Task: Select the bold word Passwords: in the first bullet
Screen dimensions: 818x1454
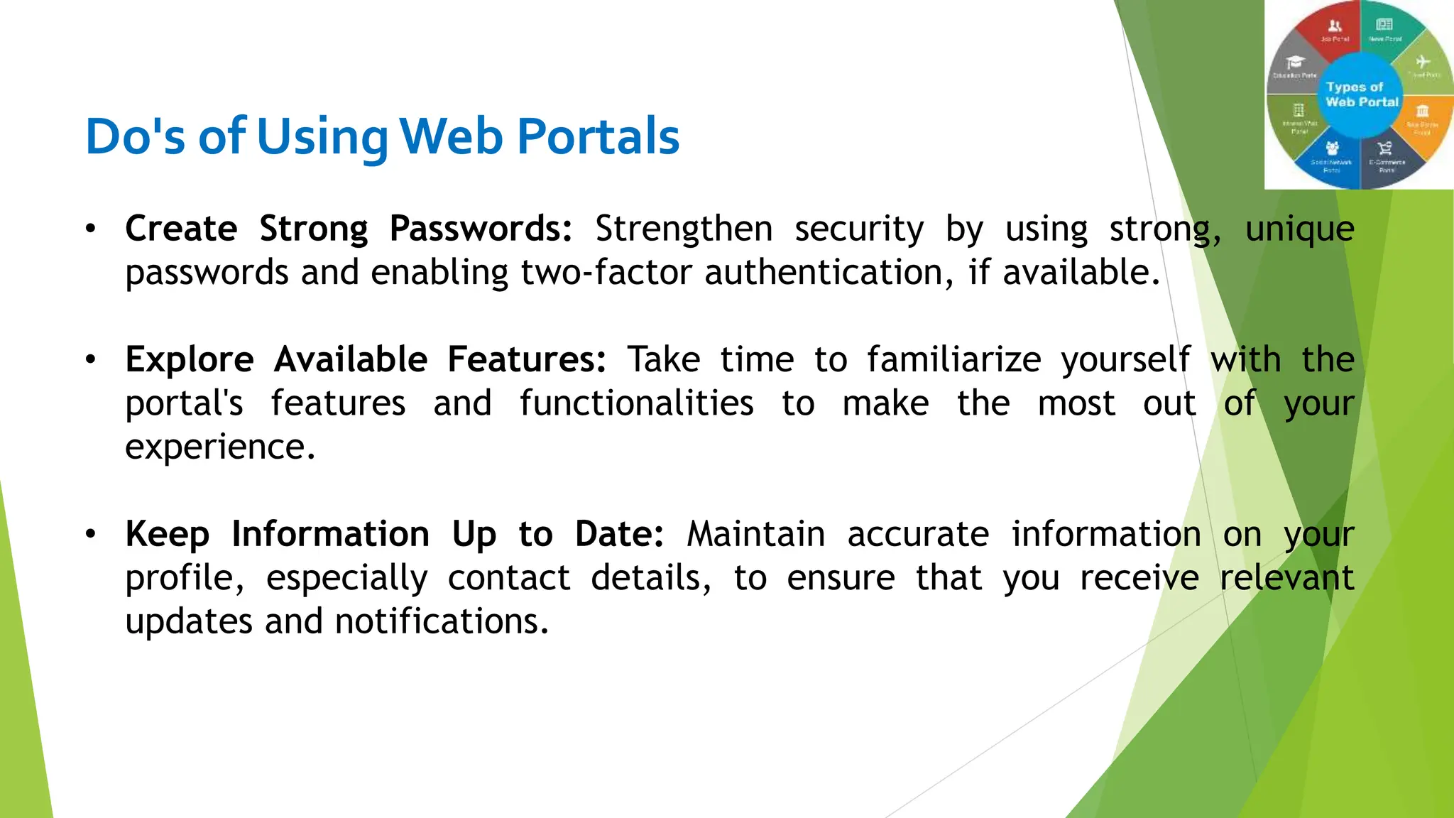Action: tap(481, 229)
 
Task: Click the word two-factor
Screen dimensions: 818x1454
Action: tap(606, 273)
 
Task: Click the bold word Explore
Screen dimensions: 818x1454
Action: tap(190, 359)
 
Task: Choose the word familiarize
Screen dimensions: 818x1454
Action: tap(953, 359)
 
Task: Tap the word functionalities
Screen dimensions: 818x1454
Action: tap(636, 403)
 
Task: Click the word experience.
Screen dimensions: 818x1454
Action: tap(220, 447)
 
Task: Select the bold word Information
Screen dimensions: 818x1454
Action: tap(330, 534)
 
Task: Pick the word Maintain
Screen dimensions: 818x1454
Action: tap(755, 534)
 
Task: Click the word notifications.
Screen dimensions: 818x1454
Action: tap(442, 621)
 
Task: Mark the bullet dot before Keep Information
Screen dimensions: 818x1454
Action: tap(90, 534)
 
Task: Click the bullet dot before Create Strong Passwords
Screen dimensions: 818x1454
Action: tap(90, 229)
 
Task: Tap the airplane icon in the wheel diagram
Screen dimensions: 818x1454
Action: tap(1423, 62)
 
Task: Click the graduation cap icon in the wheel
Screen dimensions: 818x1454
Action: tap(1296, 62)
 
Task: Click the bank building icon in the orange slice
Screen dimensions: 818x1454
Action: tap(1422, 111)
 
